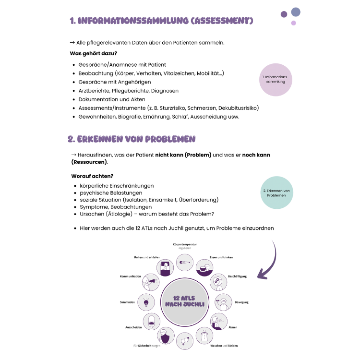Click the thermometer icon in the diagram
(184, 263)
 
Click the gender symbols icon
(184, 342)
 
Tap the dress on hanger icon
(204, 336)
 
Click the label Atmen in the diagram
(233, 327)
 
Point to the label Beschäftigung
(237, 276)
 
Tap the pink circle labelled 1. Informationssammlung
(276, 80)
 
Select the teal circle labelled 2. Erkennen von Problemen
(276, 192)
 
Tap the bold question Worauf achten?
(92, 176)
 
